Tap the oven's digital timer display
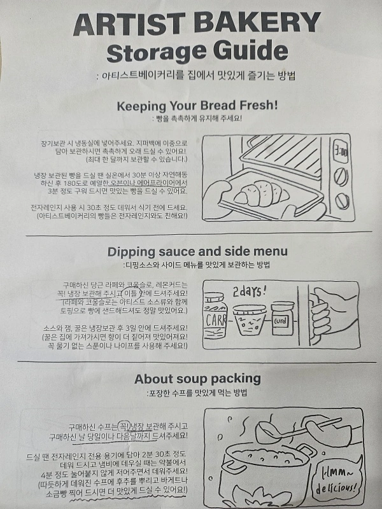point(342,153)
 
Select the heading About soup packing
point(197,379)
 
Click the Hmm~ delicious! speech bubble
point(339,480)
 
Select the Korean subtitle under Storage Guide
point(197,75)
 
